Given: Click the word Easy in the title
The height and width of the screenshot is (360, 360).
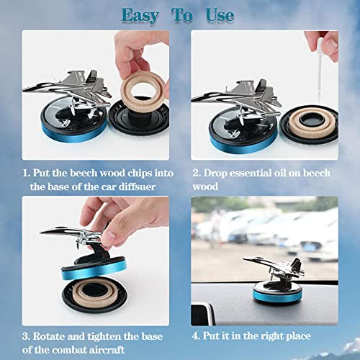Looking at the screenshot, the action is pos(140,16).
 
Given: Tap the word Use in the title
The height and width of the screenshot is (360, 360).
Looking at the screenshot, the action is pos(220,15).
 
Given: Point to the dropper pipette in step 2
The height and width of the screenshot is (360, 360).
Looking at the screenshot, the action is pos(320,70).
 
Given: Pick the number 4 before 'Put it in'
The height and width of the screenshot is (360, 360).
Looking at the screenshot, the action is pos(194,336).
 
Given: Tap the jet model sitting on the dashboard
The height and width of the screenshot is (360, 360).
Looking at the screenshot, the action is pos(276,268).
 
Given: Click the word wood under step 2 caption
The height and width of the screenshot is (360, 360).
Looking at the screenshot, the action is pos(205,186).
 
